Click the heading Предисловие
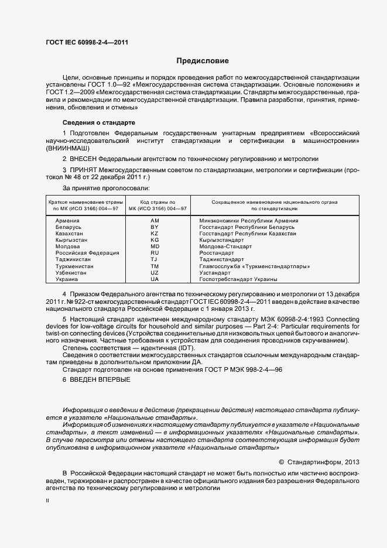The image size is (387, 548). click(203, 61)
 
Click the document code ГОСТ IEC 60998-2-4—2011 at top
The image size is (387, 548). click(87, 43)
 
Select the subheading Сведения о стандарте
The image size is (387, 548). click(98, 122)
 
